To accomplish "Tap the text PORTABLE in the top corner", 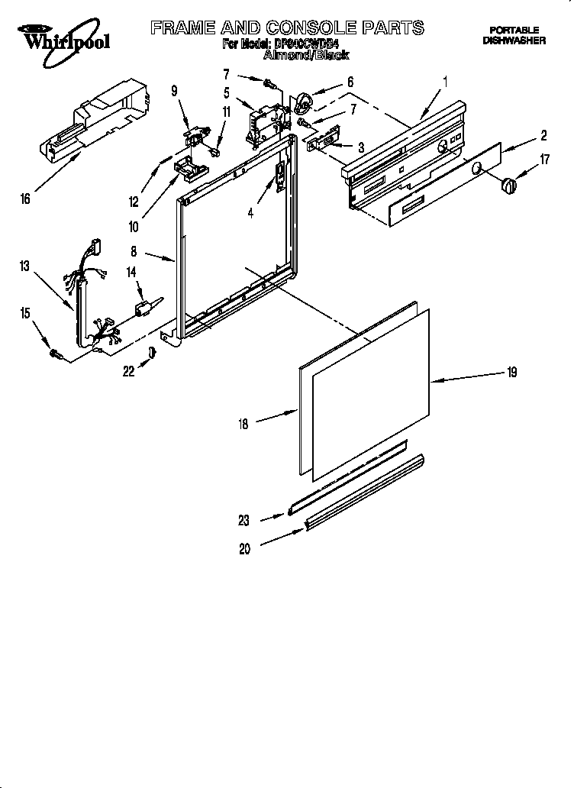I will tap(514, 30).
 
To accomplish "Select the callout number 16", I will tap(26, 199).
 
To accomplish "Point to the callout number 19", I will tap(511, 373).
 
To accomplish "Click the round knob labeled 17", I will tap(506, 184).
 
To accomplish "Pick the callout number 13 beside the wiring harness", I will tap(25, 266).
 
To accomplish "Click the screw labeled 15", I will tap(55, 353).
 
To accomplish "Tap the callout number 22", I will tap(130, 371).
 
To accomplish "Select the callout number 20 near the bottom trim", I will tap(244, 549).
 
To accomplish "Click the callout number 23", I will tap(244, 522).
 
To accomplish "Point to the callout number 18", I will tap(243, 425).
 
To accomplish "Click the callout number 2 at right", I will tap(543, 136).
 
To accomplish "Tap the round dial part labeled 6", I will tap(303, 100).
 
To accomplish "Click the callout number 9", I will tap(174, 90).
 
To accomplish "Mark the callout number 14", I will tap(131, 271).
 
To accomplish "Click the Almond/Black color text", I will tap(305, 55).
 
